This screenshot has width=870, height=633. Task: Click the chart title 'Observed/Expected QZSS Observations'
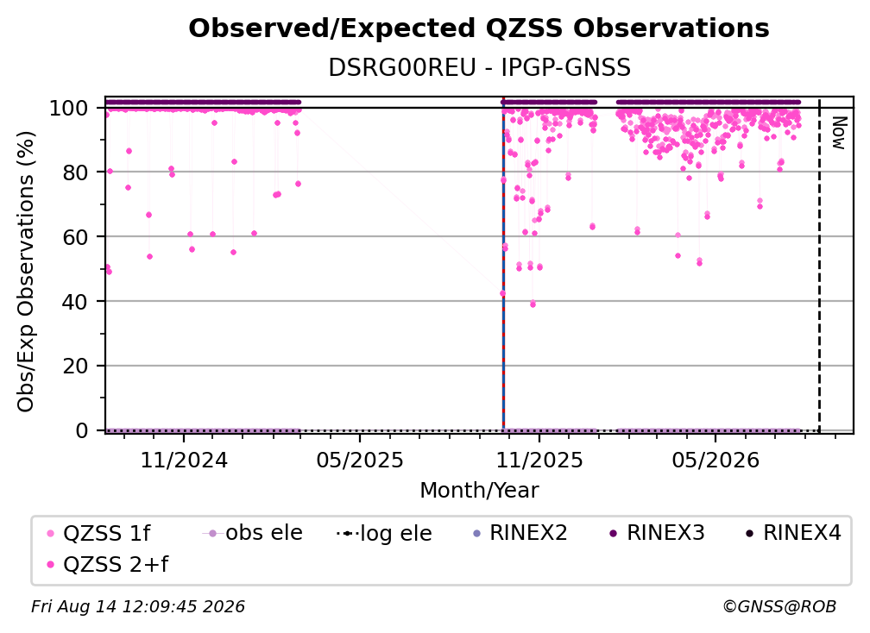479,28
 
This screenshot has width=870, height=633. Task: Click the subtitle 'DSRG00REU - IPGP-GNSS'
479,67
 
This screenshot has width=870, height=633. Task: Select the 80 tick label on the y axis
75,172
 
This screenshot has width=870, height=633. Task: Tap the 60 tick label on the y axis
75,236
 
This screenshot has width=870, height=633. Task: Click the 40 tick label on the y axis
75,302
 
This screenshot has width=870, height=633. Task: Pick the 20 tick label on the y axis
75,366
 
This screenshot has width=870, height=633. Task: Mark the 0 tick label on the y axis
82,430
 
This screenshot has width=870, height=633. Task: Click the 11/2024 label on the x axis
184,460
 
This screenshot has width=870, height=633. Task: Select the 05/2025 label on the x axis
360,460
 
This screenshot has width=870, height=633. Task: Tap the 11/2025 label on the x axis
539,460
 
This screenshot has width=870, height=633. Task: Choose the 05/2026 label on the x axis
716,460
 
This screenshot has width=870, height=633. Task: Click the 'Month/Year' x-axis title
479,490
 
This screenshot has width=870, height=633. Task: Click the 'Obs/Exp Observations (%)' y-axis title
26,271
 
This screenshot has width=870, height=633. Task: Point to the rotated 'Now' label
839,133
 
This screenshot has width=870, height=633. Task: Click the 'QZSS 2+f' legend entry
109,564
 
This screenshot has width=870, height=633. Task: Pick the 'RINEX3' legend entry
658,533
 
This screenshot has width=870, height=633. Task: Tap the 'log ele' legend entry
385,533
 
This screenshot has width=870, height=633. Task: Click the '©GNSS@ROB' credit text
779,606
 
